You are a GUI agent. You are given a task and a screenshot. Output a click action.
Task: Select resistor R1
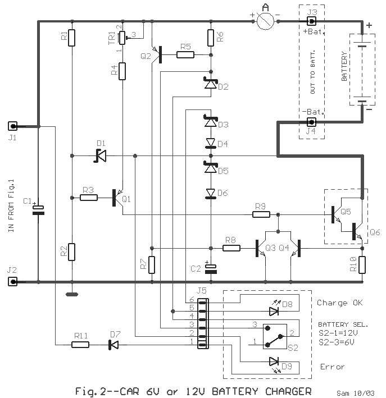pos(72,38)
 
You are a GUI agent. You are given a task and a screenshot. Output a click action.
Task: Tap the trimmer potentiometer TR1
pos(122,38)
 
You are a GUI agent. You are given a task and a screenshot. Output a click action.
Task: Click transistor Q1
pos(117,198)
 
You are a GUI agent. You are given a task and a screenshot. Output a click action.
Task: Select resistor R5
pos(185,54)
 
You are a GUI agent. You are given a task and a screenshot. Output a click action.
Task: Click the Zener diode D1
pos(100,155)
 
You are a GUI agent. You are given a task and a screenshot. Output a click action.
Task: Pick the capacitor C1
pos(38,211)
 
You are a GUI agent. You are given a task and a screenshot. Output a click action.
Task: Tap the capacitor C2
pos(211,268)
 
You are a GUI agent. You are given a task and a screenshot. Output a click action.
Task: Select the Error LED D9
pos(274,361)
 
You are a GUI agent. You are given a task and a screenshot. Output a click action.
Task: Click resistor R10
pos(362,264)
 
